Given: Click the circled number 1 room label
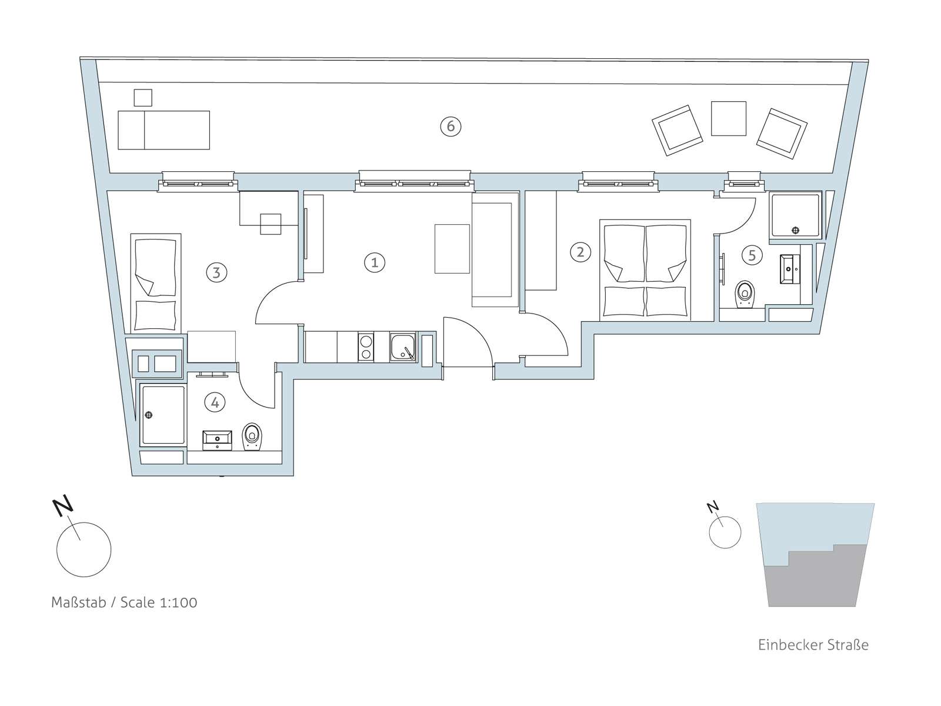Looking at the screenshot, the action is (x=374, y=262).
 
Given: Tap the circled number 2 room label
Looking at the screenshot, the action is (x=580, y=252).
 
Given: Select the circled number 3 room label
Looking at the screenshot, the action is (x=216, y=272).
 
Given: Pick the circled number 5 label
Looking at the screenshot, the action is (x=752, y=255).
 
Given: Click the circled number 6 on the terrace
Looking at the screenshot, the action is (x=451, y=126).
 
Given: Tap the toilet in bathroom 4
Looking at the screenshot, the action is (x=252, y=437).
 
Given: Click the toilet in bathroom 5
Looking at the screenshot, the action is (x=745, y=294).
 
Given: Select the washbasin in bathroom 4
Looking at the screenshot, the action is (x=217, y=440).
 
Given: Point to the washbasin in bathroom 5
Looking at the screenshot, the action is (x=790, y=269).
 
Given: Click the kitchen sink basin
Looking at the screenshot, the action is (x=402, y=347).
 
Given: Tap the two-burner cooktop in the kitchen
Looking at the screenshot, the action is (x=366, y=347).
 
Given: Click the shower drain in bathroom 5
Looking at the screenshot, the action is (x=796, y=230).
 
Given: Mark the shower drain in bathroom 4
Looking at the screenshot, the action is (x=149, y=415).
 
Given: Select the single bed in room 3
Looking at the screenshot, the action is (x=156, y=283).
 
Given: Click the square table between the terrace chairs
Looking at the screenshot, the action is (x=728, y=118).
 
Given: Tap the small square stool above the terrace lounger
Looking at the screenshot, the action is (x=143, y=98).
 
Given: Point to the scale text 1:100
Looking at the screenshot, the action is (x=178, y=602).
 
